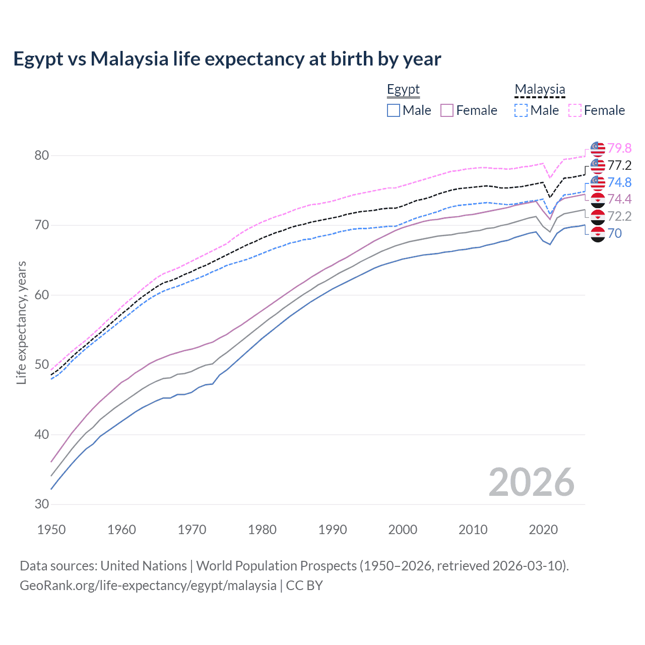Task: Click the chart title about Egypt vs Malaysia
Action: tap(227, 59)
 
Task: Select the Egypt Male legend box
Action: tap(394, 110)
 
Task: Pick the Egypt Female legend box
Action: tap(447, 110)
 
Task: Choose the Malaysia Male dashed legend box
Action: tap(521, 110)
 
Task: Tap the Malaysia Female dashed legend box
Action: tap(575, 110)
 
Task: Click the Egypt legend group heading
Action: tap(403, 90)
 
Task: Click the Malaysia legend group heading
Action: tap(540, 90)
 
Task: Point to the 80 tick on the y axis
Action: tap(42, 155)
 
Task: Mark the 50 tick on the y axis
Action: tap(42, 365)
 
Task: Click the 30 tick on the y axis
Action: tap(42, 504)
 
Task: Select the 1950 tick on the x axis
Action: tap(51, 530)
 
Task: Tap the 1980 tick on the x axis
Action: tap(262, 530)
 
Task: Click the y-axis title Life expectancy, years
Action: tap(21, 322)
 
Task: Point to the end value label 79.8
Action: tap(619, 148)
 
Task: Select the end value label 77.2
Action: tap(619, 165)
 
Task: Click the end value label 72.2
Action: tap(619, 216)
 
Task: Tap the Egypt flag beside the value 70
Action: tap(598, 234)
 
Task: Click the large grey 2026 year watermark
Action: tap(532, 482)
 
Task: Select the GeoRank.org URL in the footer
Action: tap(148, 586)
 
